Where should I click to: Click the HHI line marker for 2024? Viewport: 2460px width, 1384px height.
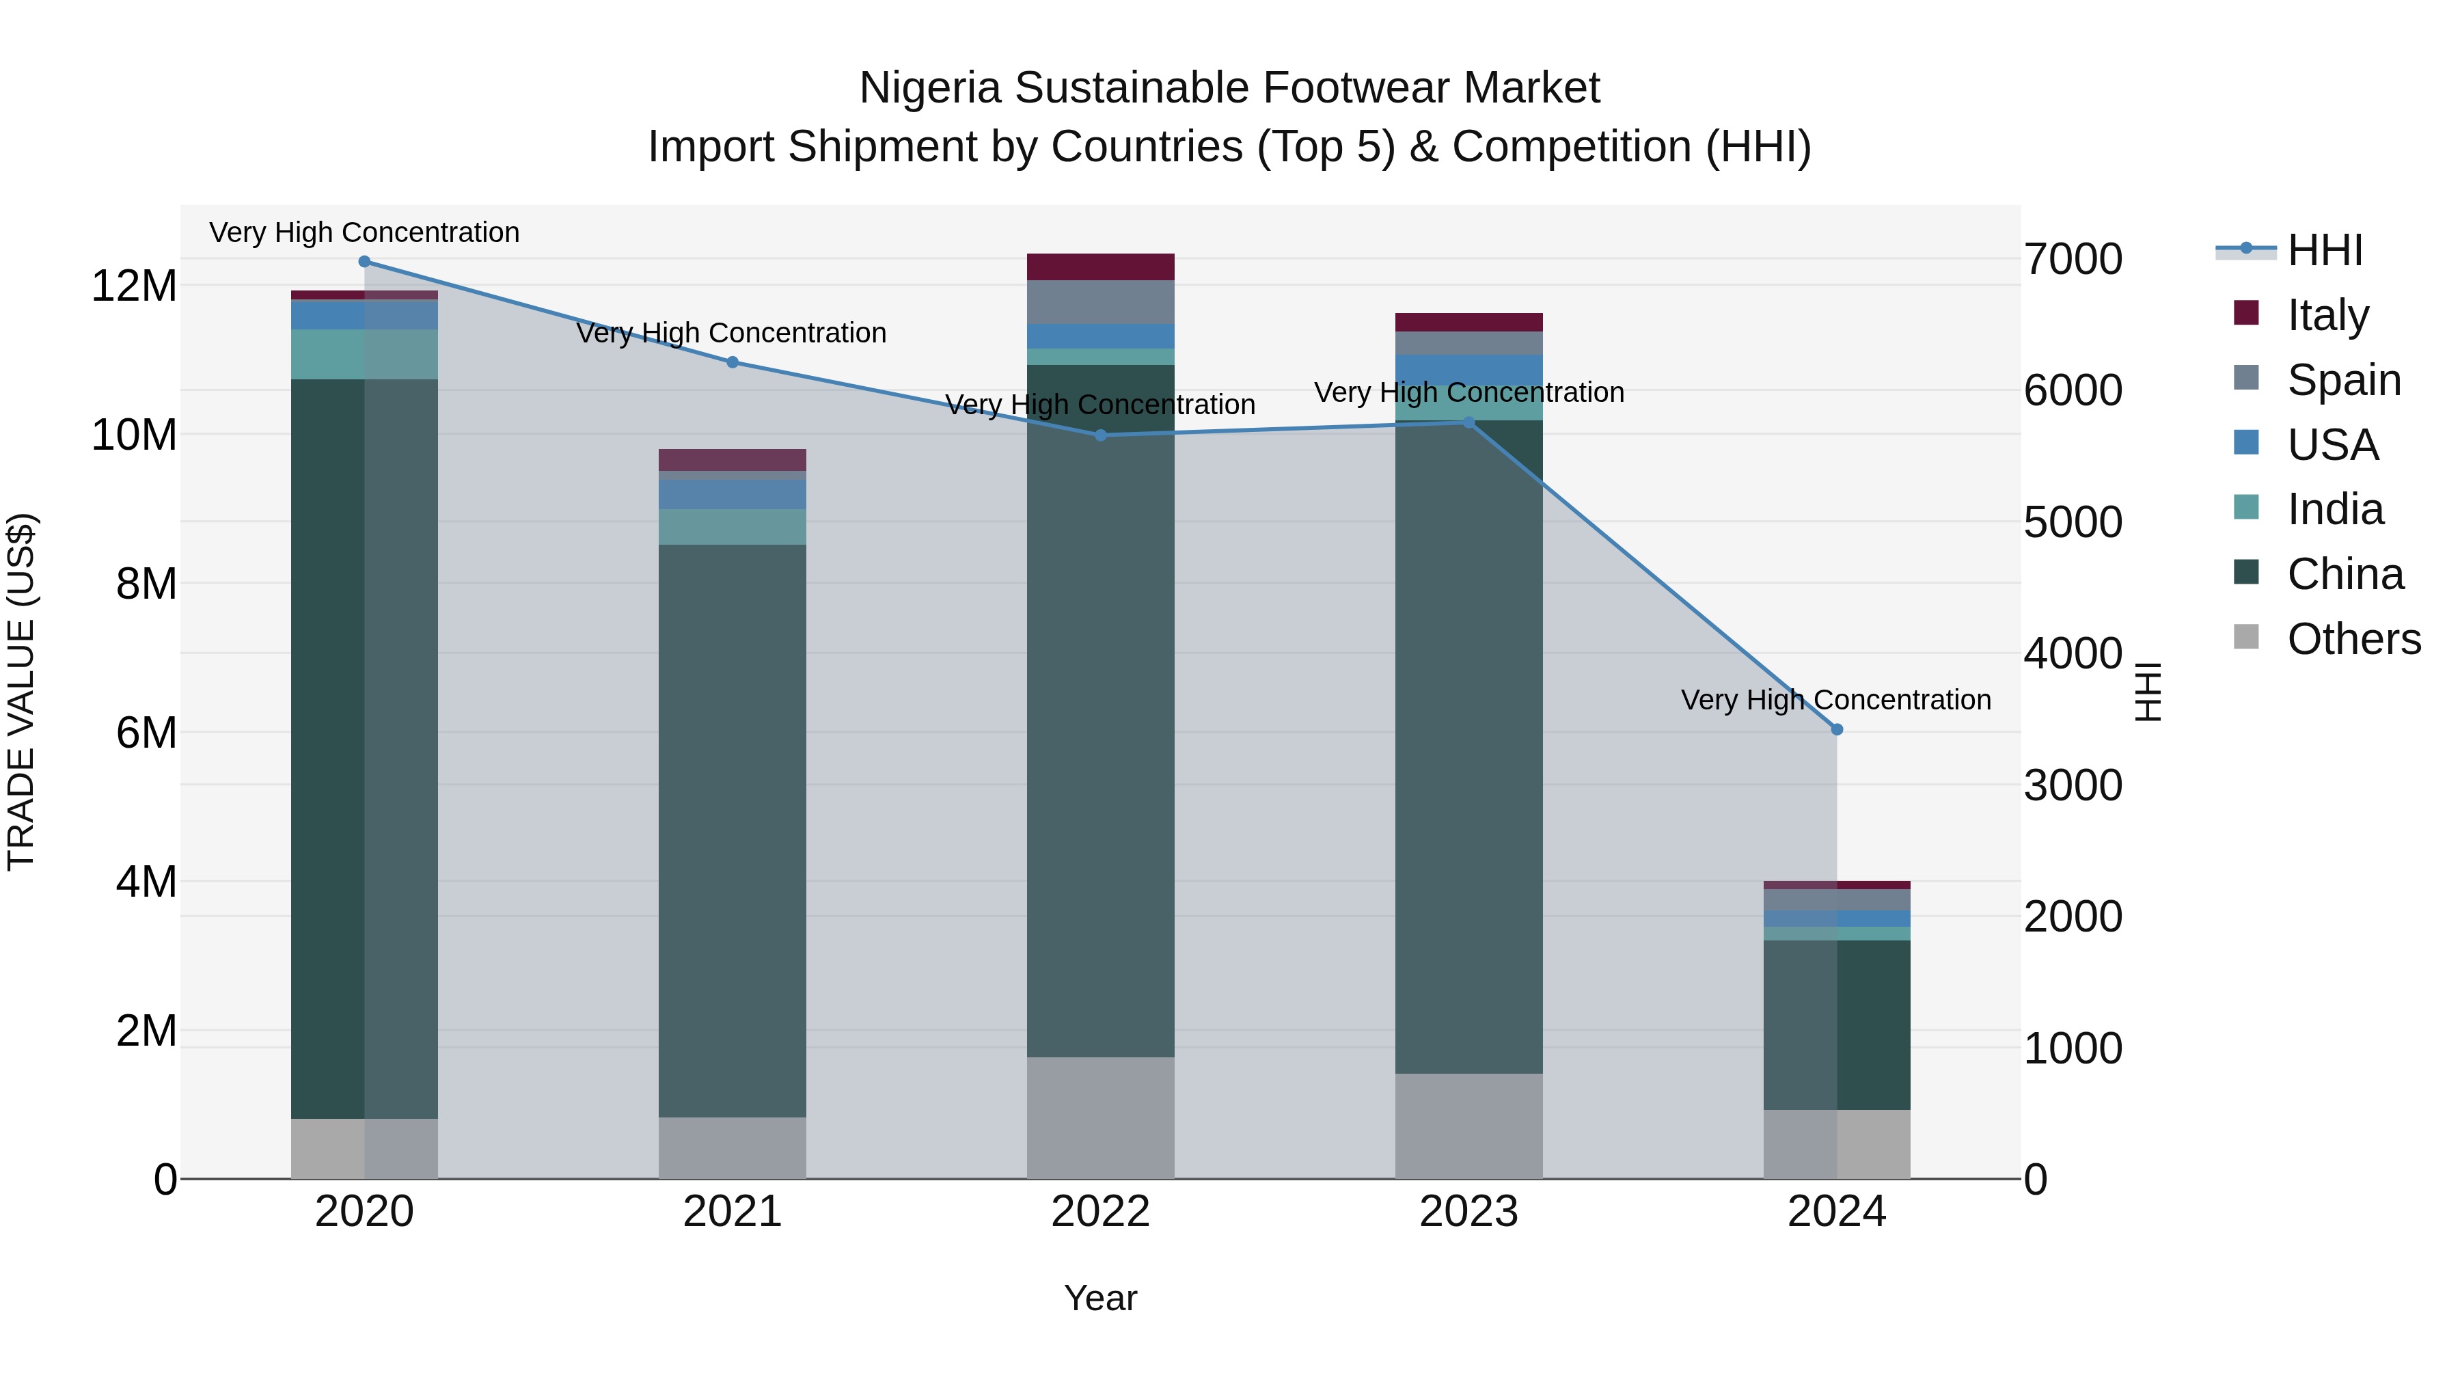coord(1835,730)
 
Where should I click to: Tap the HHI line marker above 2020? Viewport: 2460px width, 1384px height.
coord(364,262)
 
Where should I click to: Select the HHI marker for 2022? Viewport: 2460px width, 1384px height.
coord(1100,435)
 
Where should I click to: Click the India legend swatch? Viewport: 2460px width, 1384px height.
coord(2246,508)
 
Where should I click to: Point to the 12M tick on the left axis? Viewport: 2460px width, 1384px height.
coord(134,286)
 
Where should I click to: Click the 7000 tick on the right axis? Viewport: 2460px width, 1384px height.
coord(2073,259)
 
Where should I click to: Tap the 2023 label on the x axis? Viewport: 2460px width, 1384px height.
coord(1468,1211)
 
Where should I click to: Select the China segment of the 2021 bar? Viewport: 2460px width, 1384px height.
coord(733,831)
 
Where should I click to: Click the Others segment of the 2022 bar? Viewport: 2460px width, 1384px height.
coord(1100,1117)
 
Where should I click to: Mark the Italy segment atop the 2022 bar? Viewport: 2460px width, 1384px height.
coord(1100,267)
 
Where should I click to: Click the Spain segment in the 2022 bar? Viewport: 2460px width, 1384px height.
coord(1100,302)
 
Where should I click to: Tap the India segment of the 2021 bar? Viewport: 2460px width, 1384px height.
coord(733,526)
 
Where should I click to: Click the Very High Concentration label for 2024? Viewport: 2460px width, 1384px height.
coord(1835,699)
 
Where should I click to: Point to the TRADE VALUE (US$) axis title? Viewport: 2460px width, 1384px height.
coord(21,692)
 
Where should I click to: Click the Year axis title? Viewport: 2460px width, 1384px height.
coord(1100,1298)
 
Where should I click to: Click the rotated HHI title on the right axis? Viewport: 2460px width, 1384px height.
coord(2147,692)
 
